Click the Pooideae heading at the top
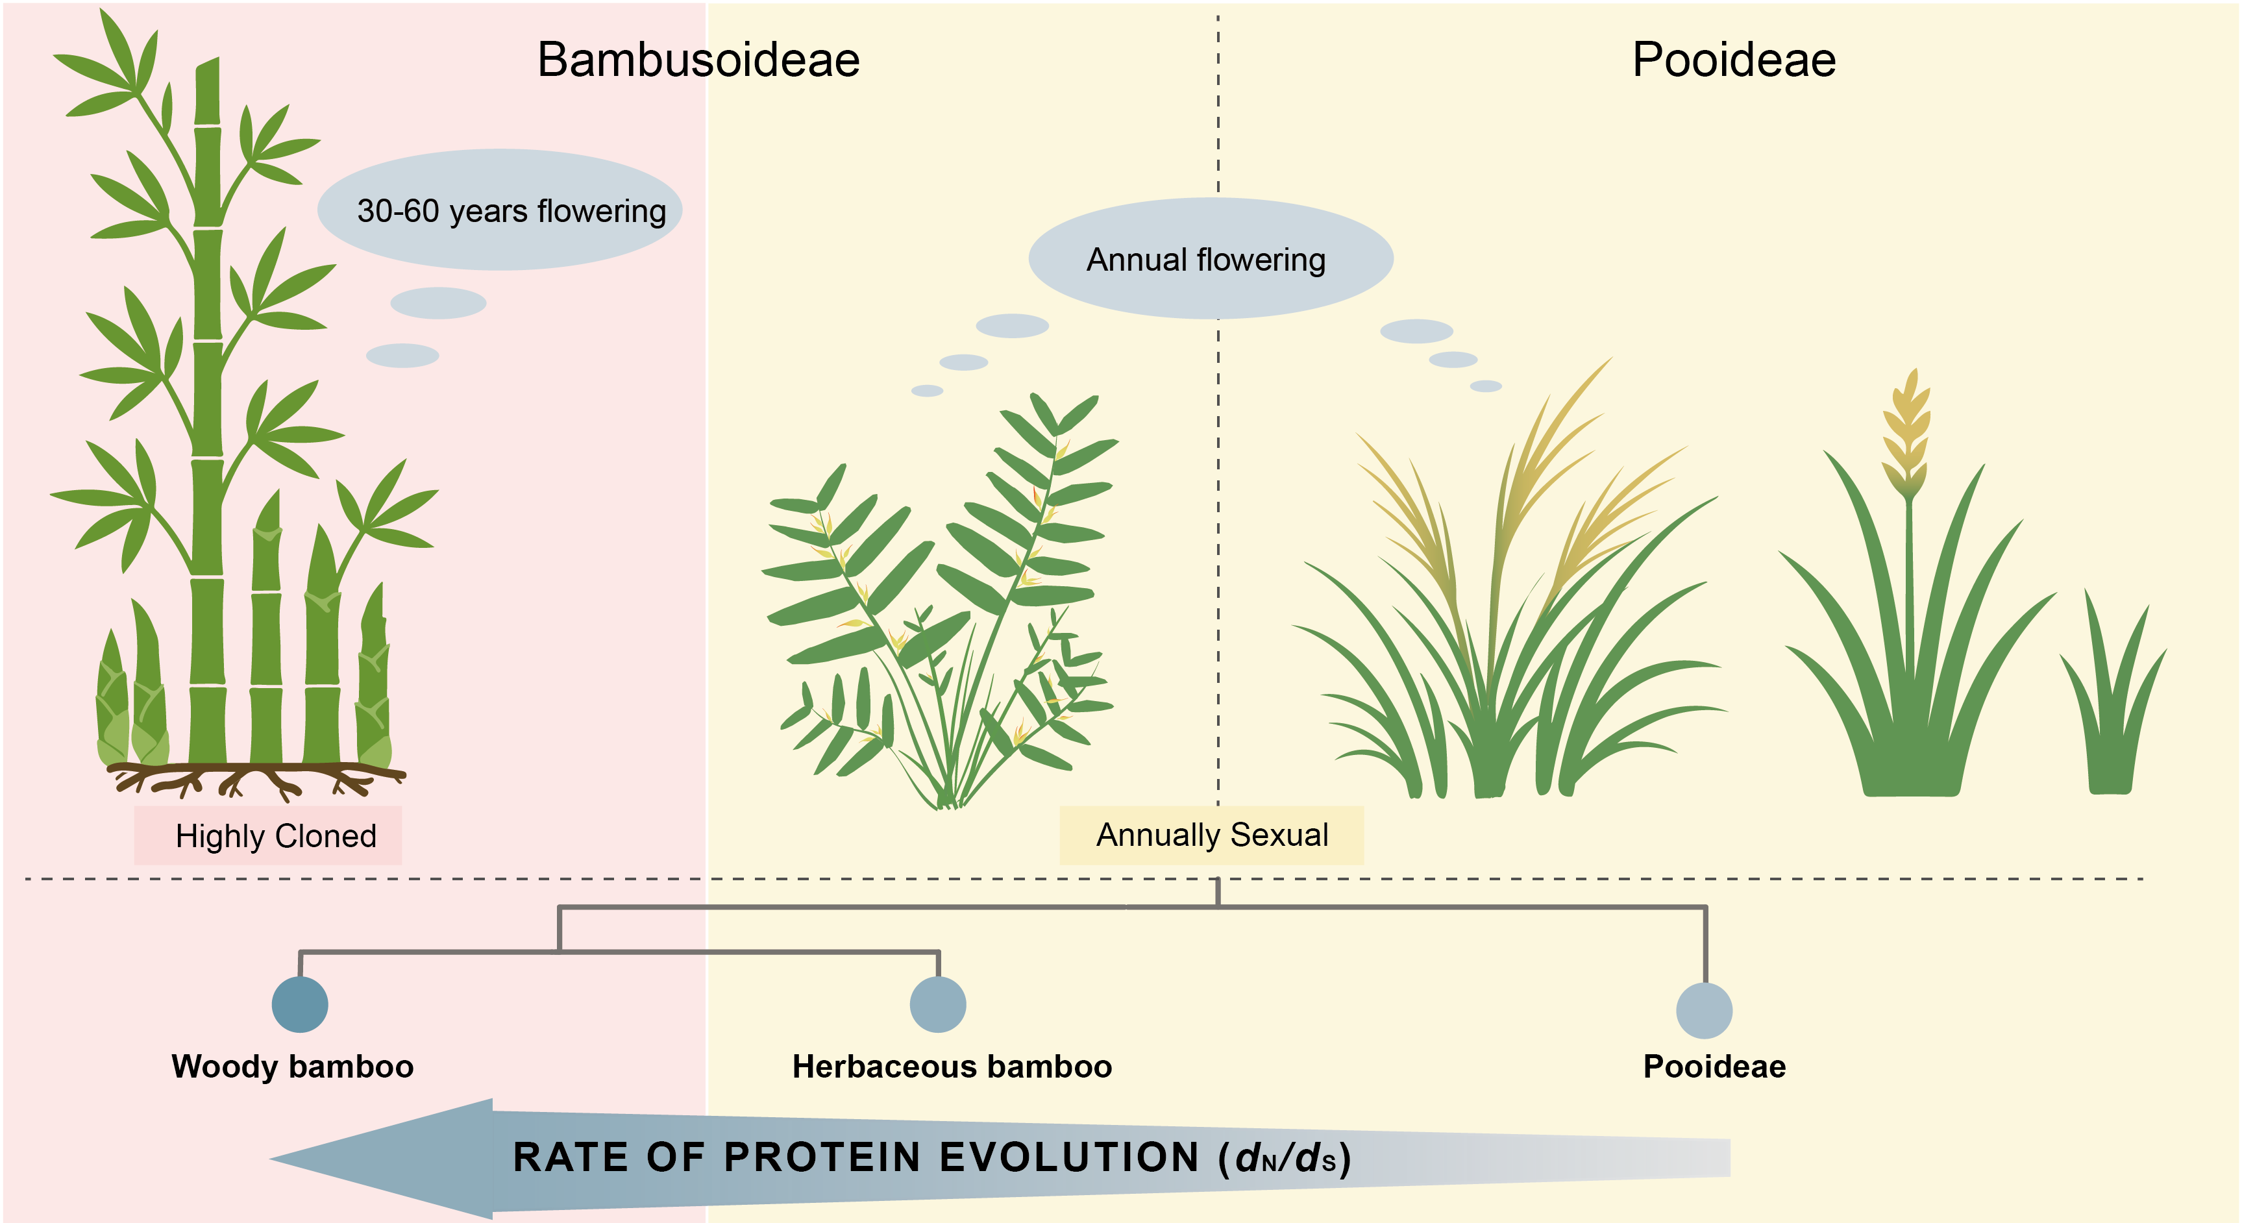(1734, 60)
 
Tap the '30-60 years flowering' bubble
(500, 210)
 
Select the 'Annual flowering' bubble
(1211, 258)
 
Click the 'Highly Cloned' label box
(268, 835)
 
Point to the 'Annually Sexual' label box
(1211, 835)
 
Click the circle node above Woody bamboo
(301, 1004)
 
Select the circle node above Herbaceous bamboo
(938, 1004)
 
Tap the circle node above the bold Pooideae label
(1704, 1011)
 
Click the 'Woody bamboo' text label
(293, 1067)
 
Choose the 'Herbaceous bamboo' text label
(952, 1067)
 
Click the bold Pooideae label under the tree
(1714, 1067)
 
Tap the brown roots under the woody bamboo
(256, 780)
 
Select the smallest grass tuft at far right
(2112, 697)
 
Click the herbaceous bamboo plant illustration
(940, 600)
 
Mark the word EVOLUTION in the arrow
(1070, 1157)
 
